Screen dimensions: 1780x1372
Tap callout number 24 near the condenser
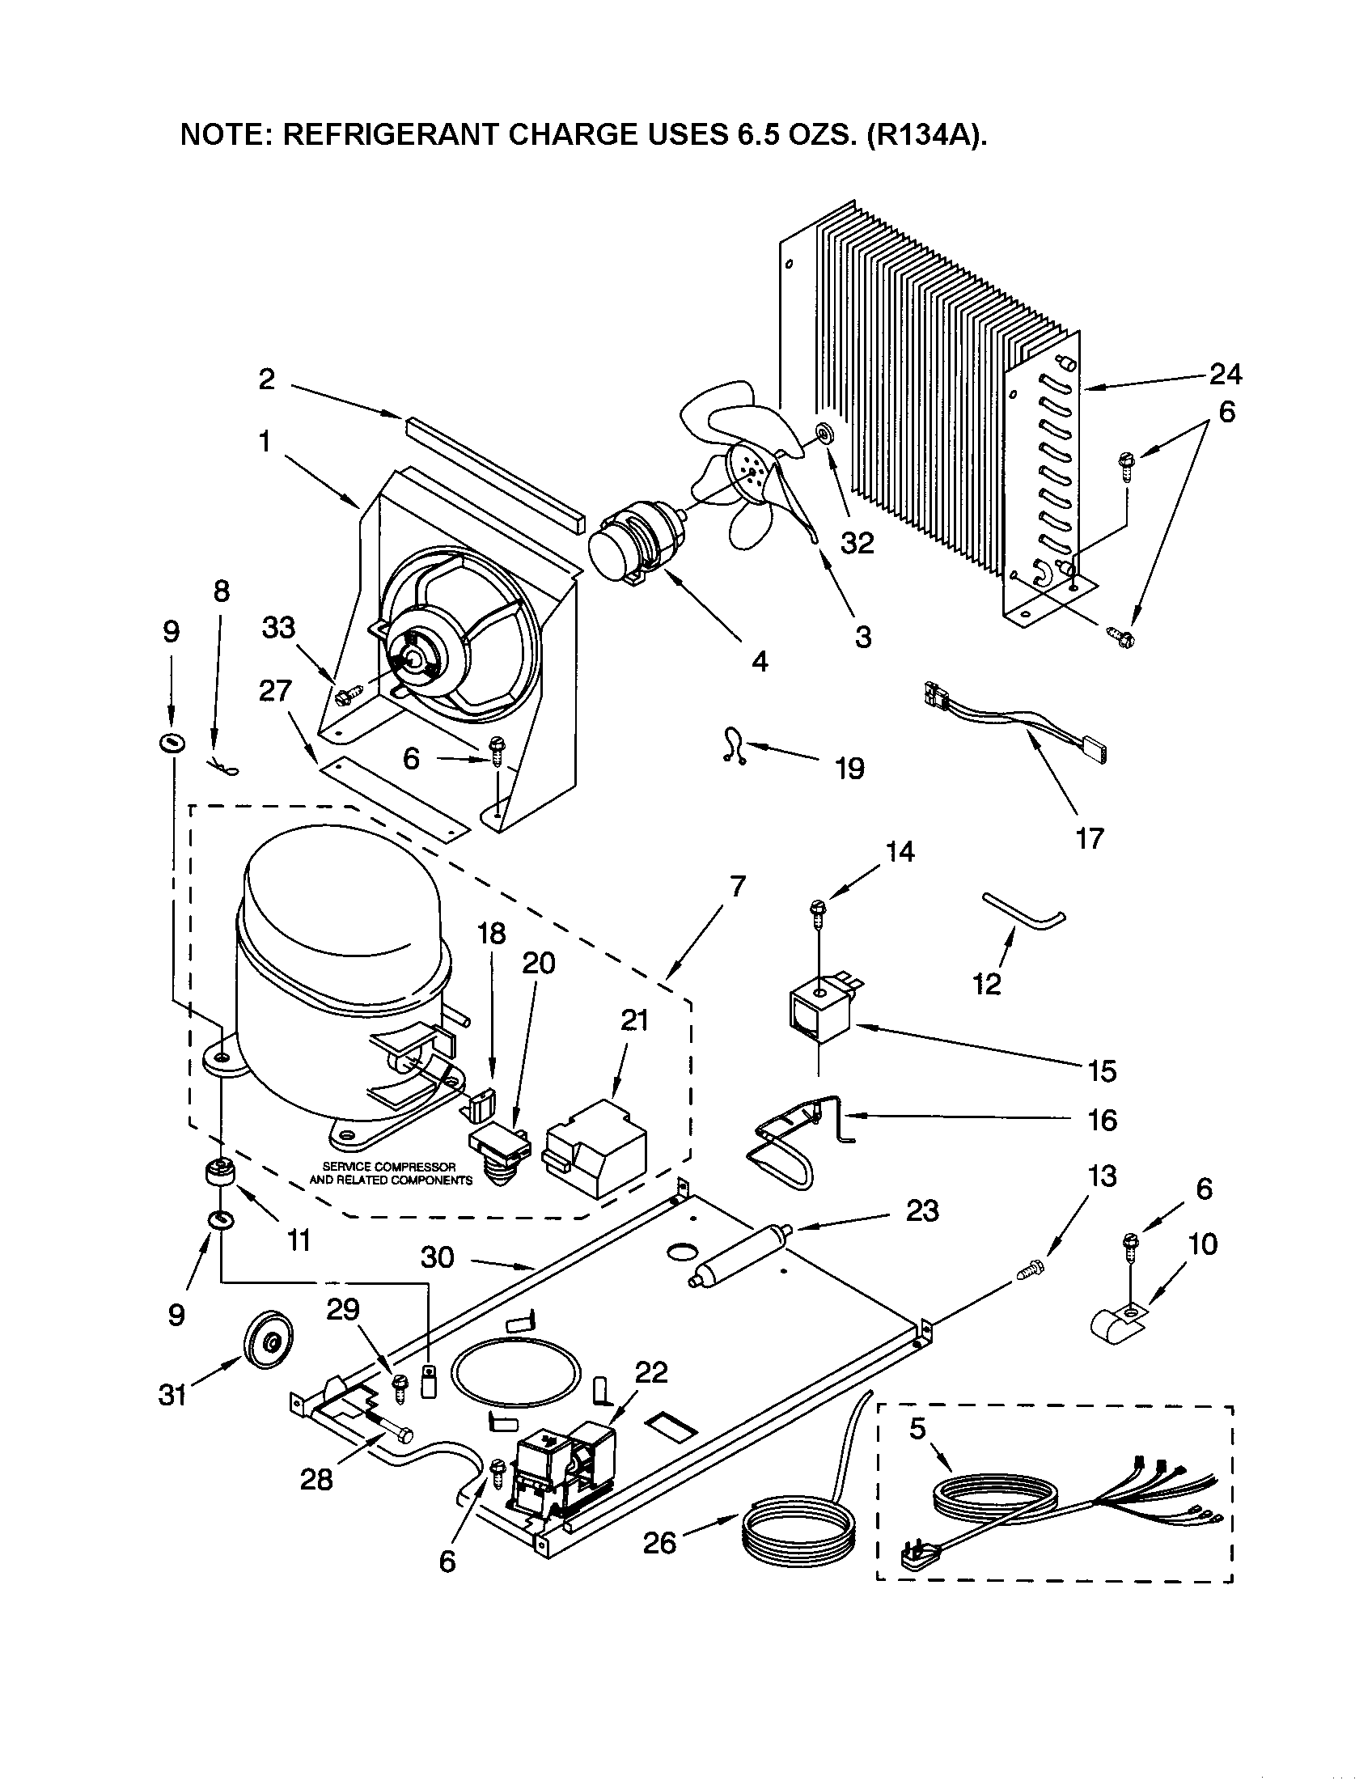pyautogui.click(x=1225, y=374)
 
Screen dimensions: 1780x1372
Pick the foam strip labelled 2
pyautogui.click(x=495, y=473)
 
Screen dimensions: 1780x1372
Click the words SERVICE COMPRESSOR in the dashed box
pyautogui.click(x=388, y=1167)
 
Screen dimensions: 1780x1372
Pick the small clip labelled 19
pyautogui.click(x=732, y=747)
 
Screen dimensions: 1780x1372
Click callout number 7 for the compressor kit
pyautogui.click(x=737, y=886)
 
